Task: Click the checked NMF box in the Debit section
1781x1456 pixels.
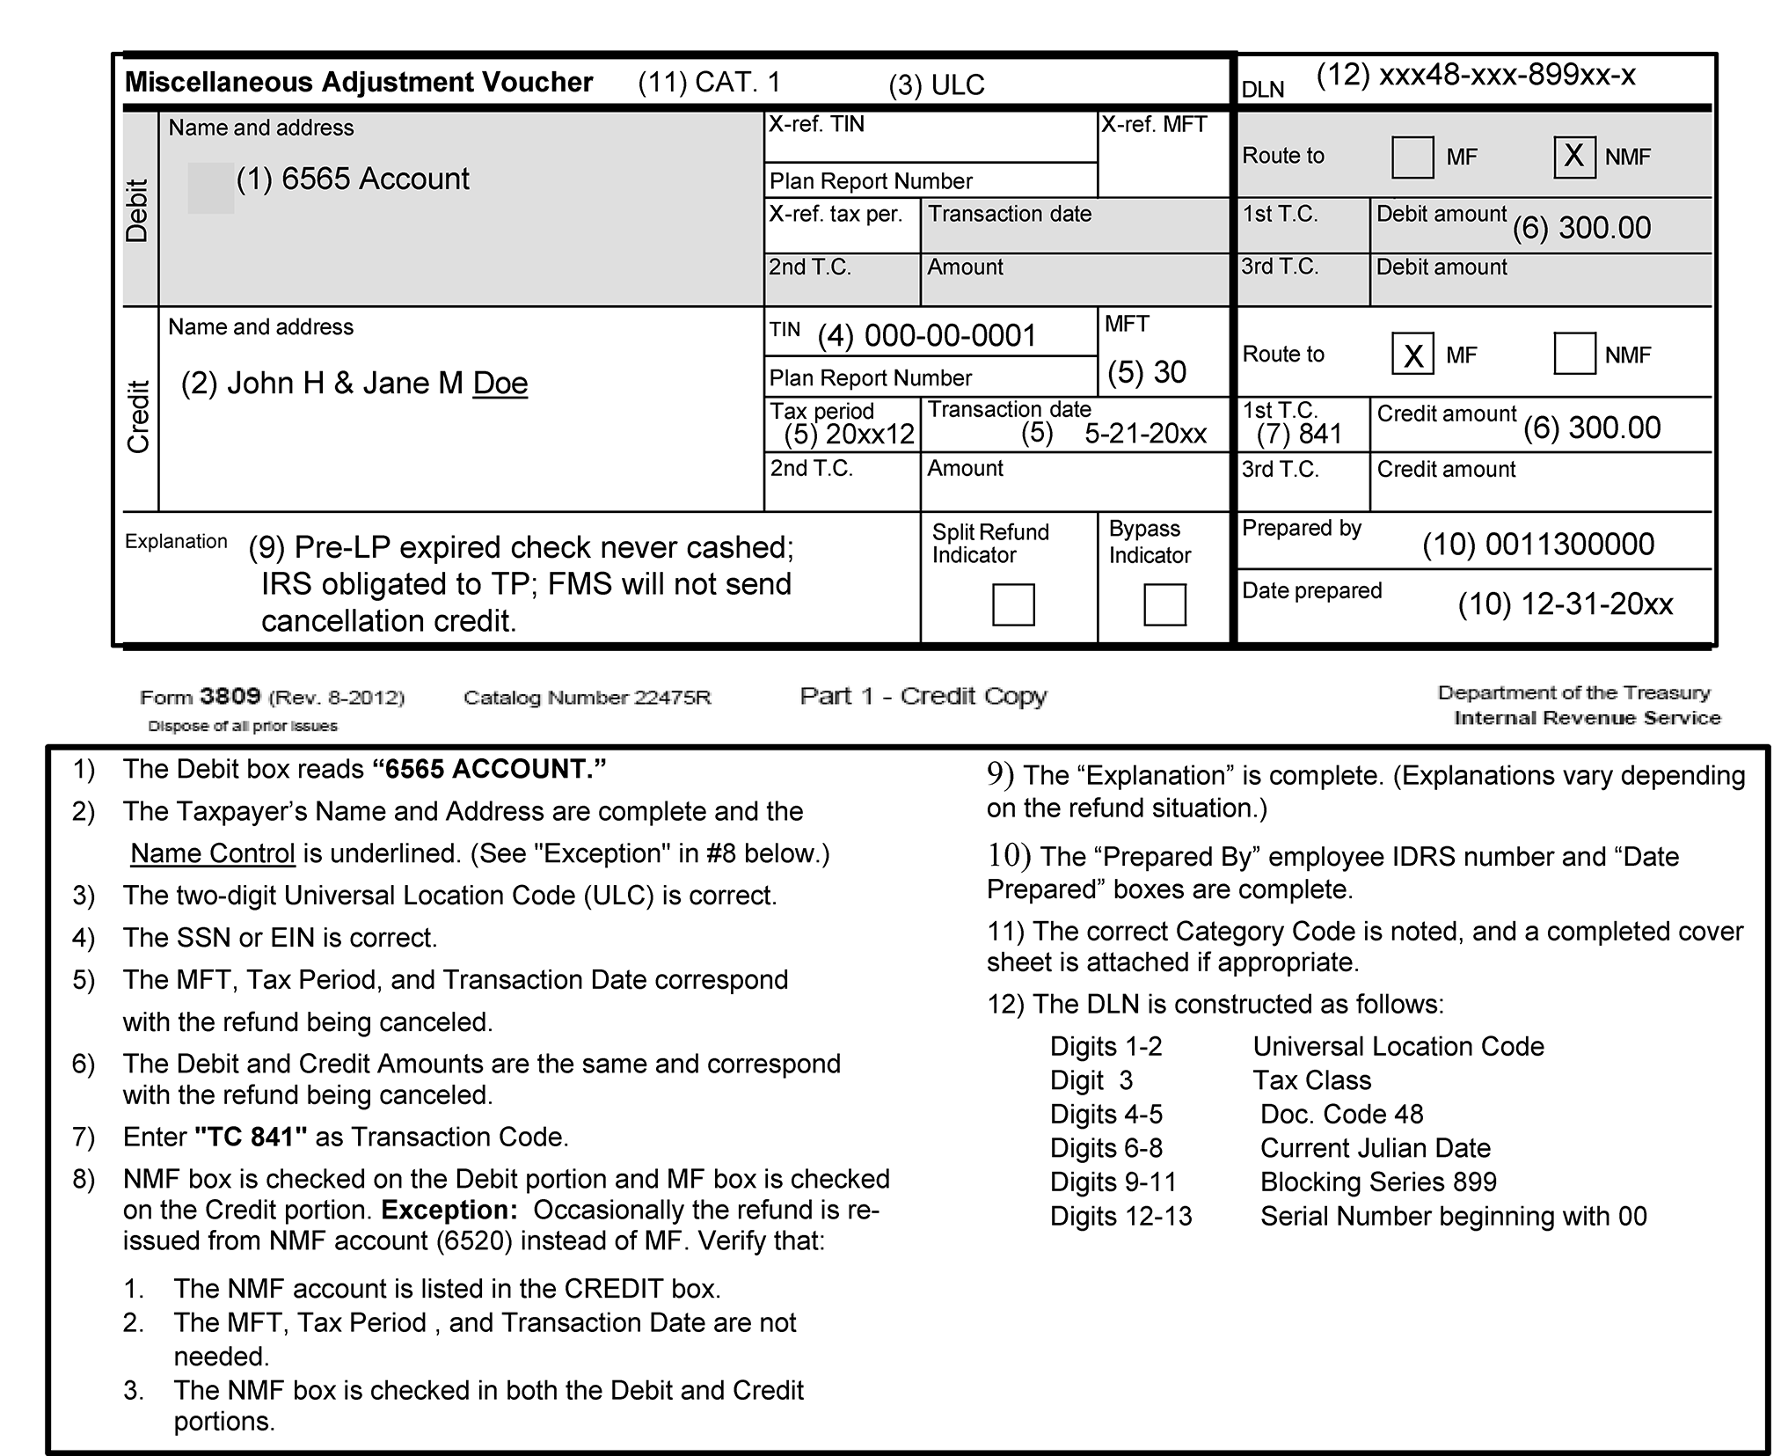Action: [1574, 157]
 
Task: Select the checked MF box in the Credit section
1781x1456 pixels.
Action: [1412, 354]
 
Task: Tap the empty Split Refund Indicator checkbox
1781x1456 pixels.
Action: [1013, 604]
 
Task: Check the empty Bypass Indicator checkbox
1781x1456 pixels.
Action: [1164, 604]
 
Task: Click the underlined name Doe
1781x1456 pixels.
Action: [500, 384]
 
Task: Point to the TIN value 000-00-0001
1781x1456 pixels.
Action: [950, 336]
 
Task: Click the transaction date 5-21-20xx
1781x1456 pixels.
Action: [1145, 433]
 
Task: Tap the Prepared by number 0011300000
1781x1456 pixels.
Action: [1569, 545]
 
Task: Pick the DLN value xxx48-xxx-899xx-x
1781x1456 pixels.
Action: [1507, 76]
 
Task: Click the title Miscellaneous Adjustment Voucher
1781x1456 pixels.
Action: [359, 82]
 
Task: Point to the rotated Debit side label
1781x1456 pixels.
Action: [138, 210]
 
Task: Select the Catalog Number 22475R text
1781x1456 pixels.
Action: [587, 698]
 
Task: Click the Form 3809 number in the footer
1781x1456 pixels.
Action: [230, 697]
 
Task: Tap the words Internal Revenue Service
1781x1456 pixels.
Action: [1587, 718]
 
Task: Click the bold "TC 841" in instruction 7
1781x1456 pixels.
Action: [251, 1137]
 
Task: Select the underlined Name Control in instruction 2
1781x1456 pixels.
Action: [212, 853]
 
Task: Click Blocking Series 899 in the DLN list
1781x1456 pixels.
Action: [1378, 1182]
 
